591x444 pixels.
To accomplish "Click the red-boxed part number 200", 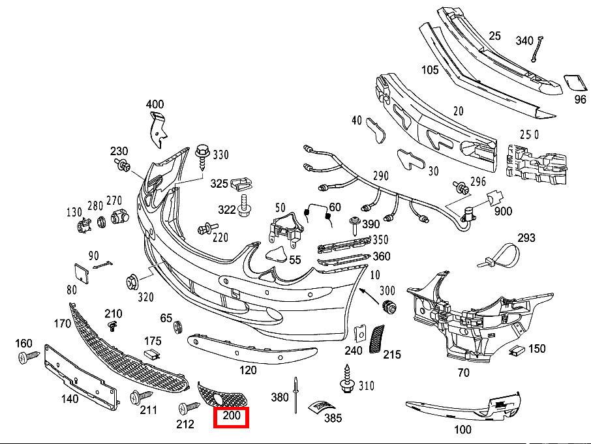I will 232,416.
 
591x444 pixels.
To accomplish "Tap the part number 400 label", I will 155,104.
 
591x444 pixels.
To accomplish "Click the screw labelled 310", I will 346,381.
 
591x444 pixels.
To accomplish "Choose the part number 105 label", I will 429,70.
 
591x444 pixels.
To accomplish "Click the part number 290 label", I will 380,176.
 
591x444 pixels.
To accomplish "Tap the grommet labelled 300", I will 391,306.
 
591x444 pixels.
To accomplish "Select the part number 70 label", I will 463,374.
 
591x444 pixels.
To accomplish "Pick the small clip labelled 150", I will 517,351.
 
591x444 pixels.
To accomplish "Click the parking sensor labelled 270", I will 119,217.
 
